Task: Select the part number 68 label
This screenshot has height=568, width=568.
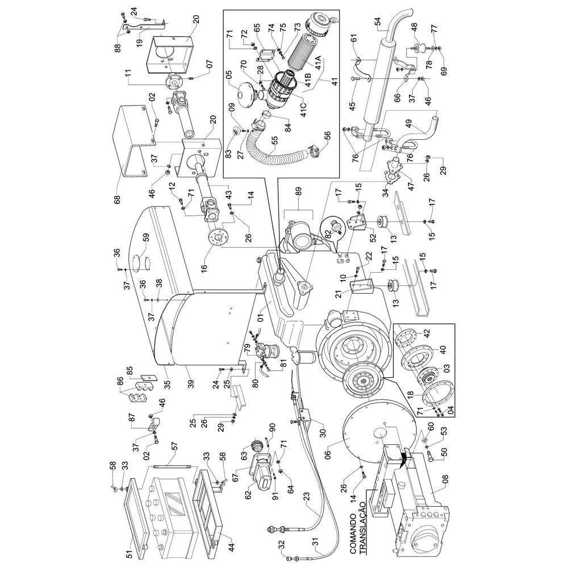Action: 117,199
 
